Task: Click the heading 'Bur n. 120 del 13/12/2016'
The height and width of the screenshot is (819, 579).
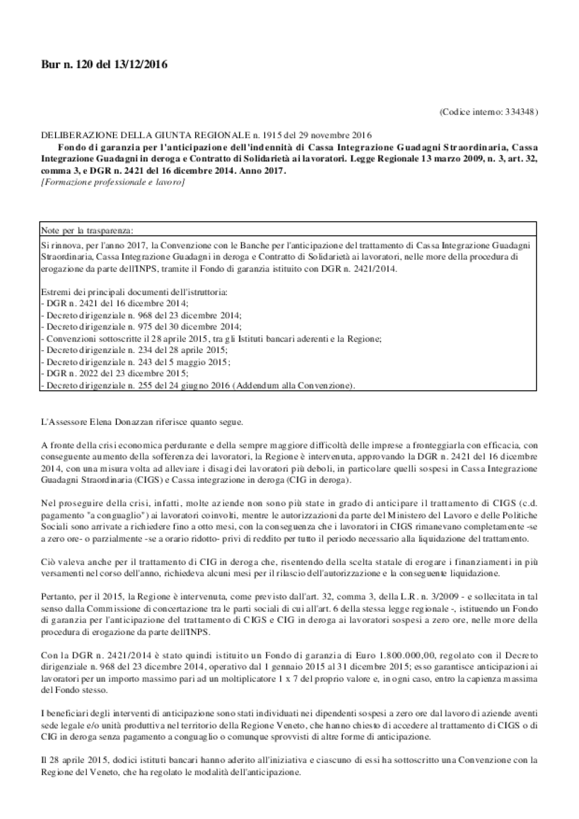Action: click(x=104, y=65)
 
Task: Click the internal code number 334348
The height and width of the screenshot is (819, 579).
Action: click(x=520, y=111)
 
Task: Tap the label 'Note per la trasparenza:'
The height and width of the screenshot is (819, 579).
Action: click(x=87, y=230)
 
